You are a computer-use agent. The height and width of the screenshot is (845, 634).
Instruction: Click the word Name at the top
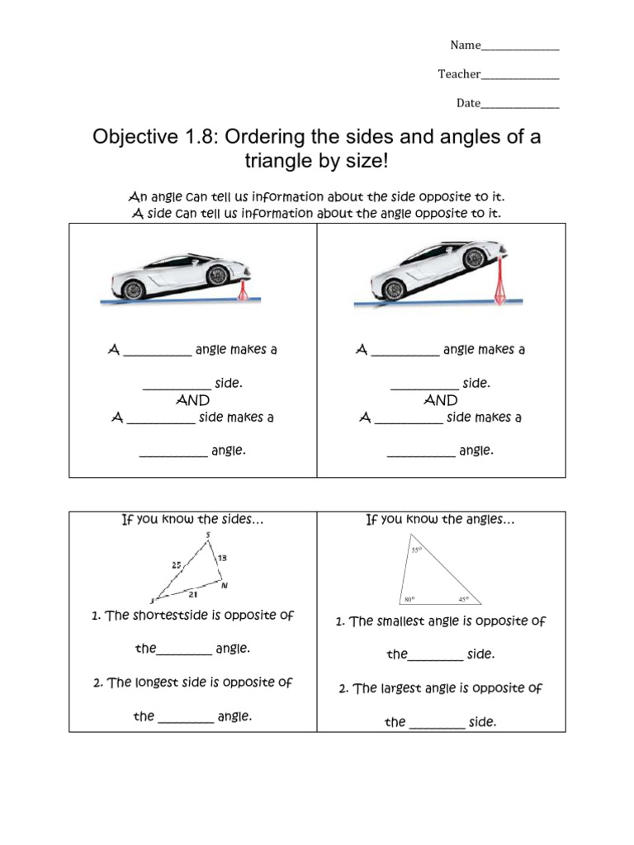pyautogui.click(x=465, y=45)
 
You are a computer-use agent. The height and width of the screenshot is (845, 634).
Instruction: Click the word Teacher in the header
pyautogui.click(x=459, y=74)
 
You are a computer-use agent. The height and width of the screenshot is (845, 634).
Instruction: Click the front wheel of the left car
pyautogui.click(x=133, y=289)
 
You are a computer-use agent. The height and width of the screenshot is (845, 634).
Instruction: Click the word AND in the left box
pyautogui.click(x=192, y=400)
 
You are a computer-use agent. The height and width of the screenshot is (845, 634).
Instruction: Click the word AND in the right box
pyautogui.click(x=440, y=400)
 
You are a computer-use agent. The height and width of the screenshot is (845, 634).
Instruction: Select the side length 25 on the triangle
pyautogui.click(x=177, y=565)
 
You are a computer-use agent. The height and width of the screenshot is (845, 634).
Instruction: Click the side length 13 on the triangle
pyautogui.click(x=222, y=559)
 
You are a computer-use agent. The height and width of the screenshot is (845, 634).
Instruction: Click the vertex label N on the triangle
pyautogui.click(x=225, y=586)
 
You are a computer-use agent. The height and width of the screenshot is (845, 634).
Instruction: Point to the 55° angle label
pyautogui.click(x=416, y=550)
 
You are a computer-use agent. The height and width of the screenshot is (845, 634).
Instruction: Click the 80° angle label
pyautogui.click(x=409, y=599)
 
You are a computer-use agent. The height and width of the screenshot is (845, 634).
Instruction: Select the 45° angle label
pyautogui.click(x=463, y=599)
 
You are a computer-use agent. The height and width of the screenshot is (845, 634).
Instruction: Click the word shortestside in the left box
pyautogui.click(x=171, y=616)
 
